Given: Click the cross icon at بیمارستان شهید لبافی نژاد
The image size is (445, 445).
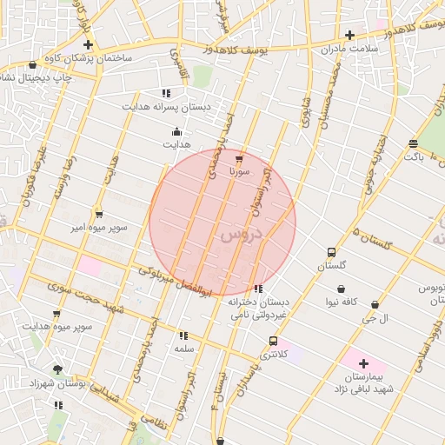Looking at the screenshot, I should [362, 363].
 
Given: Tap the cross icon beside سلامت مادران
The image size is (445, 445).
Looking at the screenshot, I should [349, 36].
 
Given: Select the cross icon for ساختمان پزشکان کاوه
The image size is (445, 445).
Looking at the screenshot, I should [88, 43].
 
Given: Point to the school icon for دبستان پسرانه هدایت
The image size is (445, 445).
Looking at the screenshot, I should [165, 92].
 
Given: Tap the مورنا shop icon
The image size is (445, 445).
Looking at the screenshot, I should [239, 160].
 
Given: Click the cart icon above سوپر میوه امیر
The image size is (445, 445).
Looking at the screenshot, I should [99, 213].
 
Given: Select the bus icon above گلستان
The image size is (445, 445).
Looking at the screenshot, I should [330, 252].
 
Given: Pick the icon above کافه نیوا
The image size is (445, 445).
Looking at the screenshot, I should [342, 289].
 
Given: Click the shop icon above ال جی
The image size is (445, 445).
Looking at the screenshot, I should [375, 304].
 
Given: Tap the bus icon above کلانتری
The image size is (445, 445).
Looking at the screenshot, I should [274, 341].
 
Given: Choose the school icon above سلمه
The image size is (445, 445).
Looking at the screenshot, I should [183, 335].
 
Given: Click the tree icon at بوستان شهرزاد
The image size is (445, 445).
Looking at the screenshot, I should [57, 369].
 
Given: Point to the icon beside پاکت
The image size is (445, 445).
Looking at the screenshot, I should [413, 143].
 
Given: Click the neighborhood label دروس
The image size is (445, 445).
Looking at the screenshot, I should [241, 234].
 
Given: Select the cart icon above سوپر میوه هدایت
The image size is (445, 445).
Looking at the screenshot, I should [56, 314].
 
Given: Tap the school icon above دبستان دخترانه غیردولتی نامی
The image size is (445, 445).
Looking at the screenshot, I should [257, 289].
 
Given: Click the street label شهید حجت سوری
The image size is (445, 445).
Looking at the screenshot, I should [87, 297].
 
